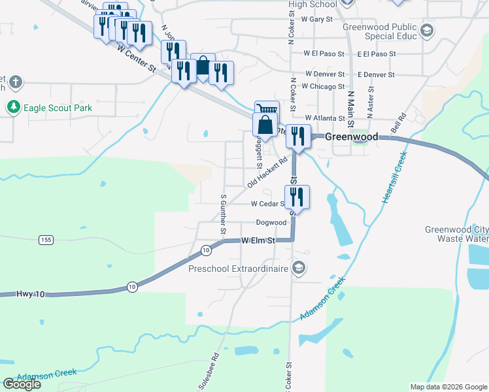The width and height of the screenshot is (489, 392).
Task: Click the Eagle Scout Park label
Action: (58, 107)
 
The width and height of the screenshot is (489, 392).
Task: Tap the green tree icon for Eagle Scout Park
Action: (13, 106)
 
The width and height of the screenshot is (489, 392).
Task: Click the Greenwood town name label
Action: (352, 137)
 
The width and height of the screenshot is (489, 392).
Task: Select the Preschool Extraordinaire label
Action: (239, 269)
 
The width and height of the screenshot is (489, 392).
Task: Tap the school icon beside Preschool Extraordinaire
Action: (299, 268)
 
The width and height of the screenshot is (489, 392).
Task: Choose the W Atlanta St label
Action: (324, 118)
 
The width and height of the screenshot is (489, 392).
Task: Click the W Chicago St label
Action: (324, 86)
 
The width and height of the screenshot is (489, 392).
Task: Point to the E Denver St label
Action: (376, 74)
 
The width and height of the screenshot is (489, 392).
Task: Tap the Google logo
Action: (22, 384)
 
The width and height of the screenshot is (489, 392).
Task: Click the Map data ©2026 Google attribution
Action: (448, 387)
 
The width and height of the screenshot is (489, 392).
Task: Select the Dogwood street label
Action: (271, 223)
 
